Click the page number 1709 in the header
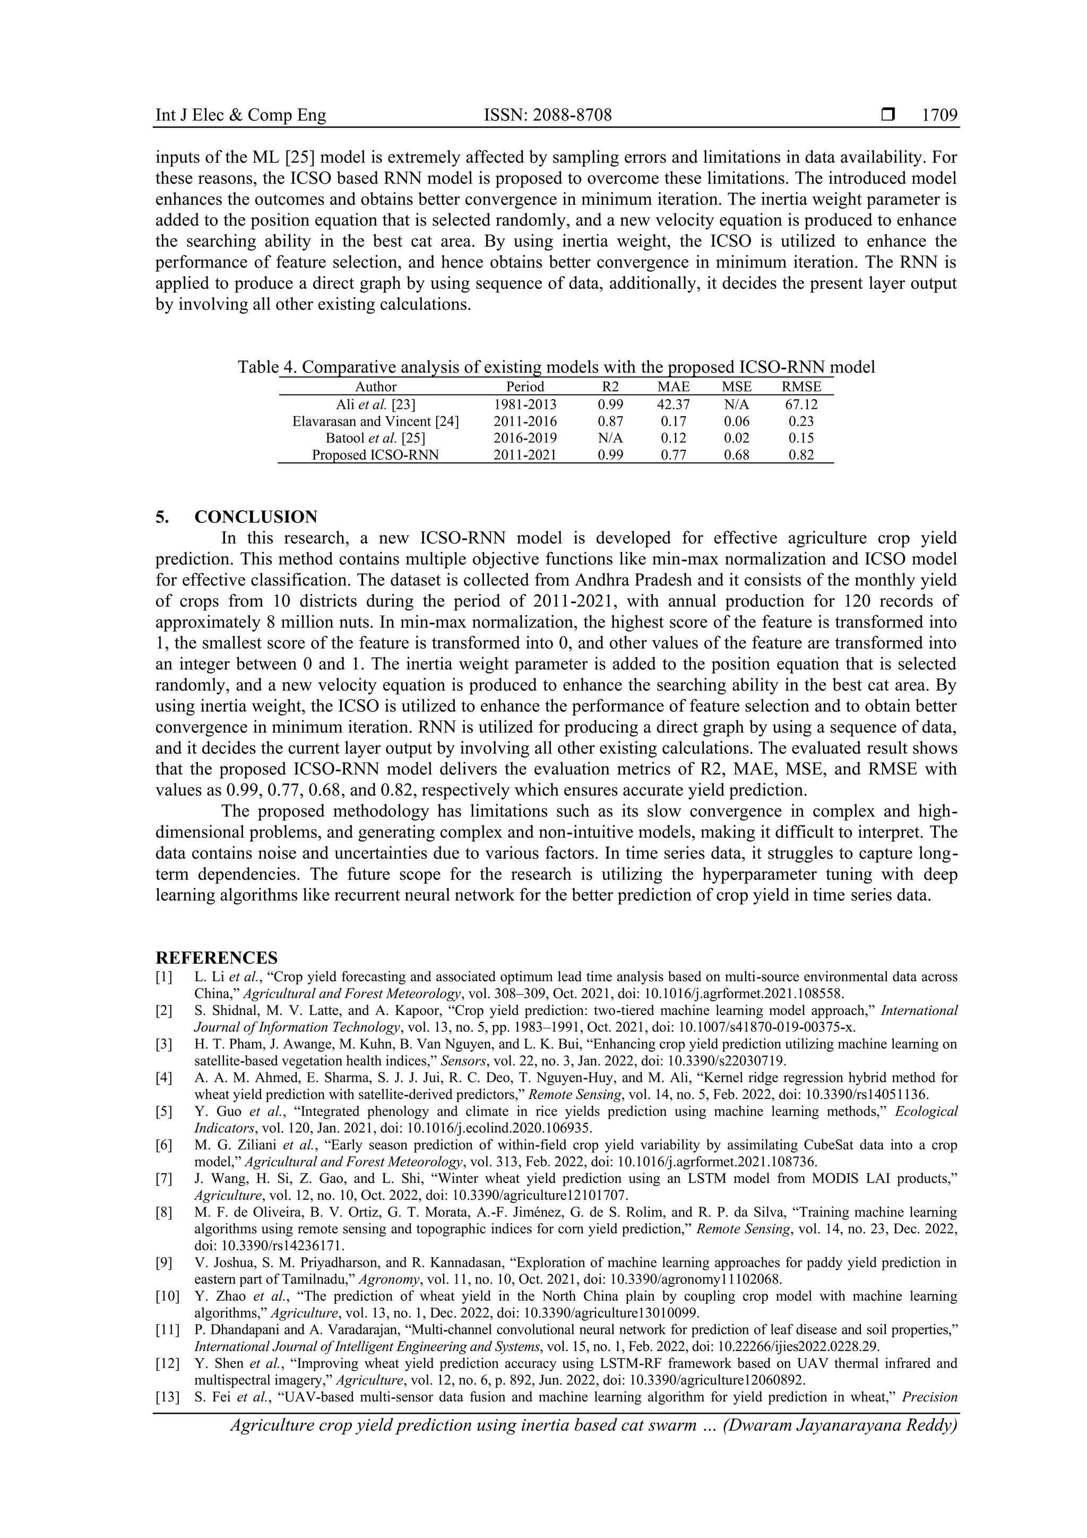tap(939, 115)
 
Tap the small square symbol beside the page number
tap(888, 115)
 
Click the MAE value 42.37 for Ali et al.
tap(673, 405)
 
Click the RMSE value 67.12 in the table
tap(801, 405)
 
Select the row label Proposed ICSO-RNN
tap(376, 455)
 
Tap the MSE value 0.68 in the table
tap(737, 455)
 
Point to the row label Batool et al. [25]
tap(376, 438)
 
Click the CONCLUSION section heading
tap(256, 517)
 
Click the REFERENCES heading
tap(217, 957)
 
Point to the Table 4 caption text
tap(556, 367)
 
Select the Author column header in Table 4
tap(376, 386)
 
